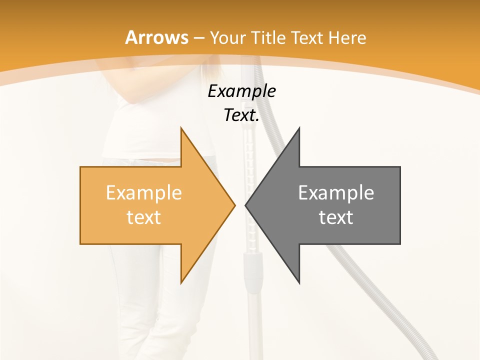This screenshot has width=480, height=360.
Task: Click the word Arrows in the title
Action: coord(157,37)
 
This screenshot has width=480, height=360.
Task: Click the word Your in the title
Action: coord(227,38)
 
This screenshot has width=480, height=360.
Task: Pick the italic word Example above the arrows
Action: coord(241,91)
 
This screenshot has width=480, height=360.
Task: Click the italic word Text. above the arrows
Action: coord(241,115)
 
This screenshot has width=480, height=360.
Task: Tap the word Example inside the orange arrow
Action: coord(143,192)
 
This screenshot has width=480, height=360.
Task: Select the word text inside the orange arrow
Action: coord(143,217)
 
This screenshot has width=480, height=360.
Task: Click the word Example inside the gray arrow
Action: coord(336,192)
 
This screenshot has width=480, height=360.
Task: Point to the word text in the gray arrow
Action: coord(336,217)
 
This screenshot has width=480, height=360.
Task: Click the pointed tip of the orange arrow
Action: coord(235,205)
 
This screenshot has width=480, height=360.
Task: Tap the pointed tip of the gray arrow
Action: coord(245,205)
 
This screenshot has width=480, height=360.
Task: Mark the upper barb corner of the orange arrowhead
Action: coord(181,127)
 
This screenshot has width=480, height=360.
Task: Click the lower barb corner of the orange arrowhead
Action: coord(181,283)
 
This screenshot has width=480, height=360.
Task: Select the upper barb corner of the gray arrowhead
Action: coord(299,127)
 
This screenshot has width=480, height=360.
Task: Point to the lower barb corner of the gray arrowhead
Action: coord(299,283)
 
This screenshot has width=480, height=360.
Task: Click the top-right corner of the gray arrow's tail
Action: coord(400,167)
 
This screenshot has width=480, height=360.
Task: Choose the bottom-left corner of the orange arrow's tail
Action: coord(80,244)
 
